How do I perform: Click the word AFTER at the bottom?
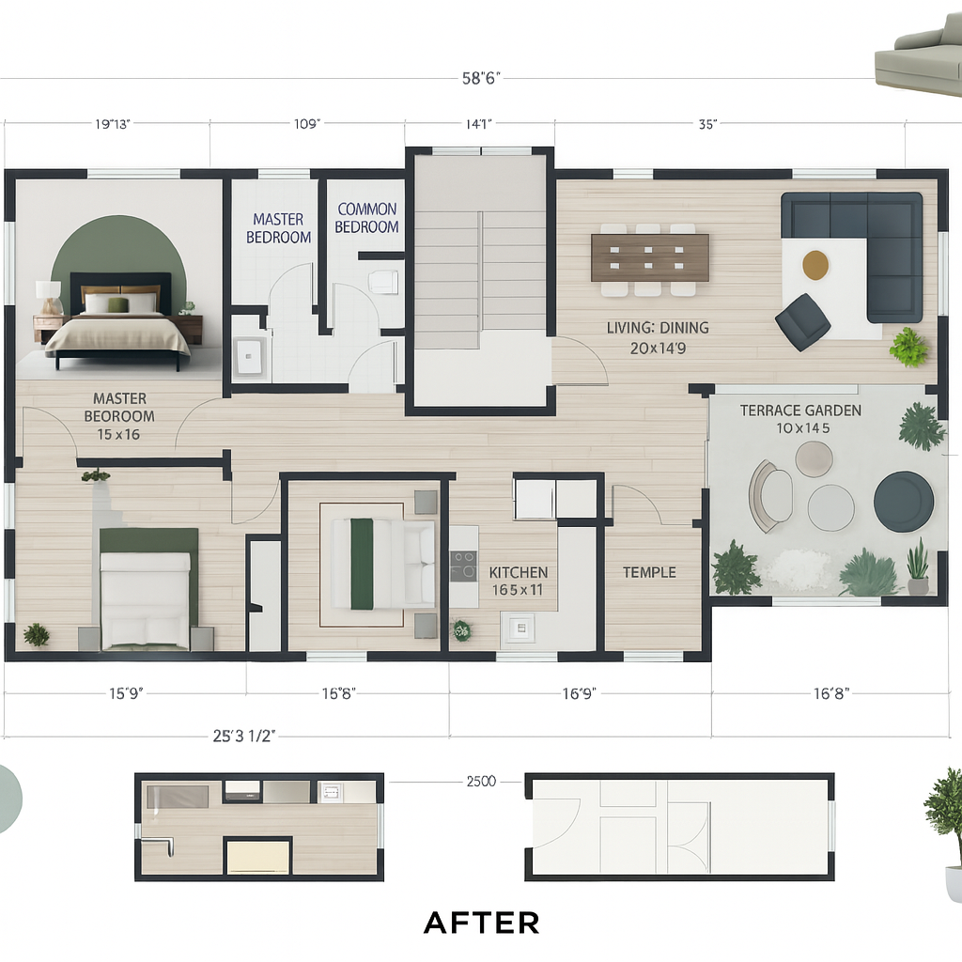[482, 923]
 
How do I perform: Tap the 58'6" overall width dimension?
[481, 78]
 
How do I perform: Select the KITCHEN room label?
[519, 572]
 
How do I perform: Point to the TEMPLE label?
[649, 572]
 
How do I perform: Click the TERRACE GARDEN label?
[800, 411]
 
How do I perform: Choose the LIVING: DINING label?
[658, 328]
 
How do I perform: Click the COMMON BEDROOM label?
[367, 218]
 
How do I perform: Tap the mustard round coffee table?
[815, 264]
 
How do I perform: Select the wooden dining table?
[650, 257]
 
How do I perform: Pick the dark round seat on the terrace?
[904, 502]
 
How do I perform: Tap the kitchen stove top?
[463, 566]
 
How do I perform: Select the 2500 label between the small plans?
[481, 781]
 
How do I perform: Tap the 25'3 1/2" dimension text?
[243, 736]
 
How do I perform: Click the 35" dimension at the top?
[707, 124]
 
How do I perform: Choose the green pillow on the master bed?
[116, 304]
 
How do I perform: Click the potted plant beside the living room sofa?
[908, 347]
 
